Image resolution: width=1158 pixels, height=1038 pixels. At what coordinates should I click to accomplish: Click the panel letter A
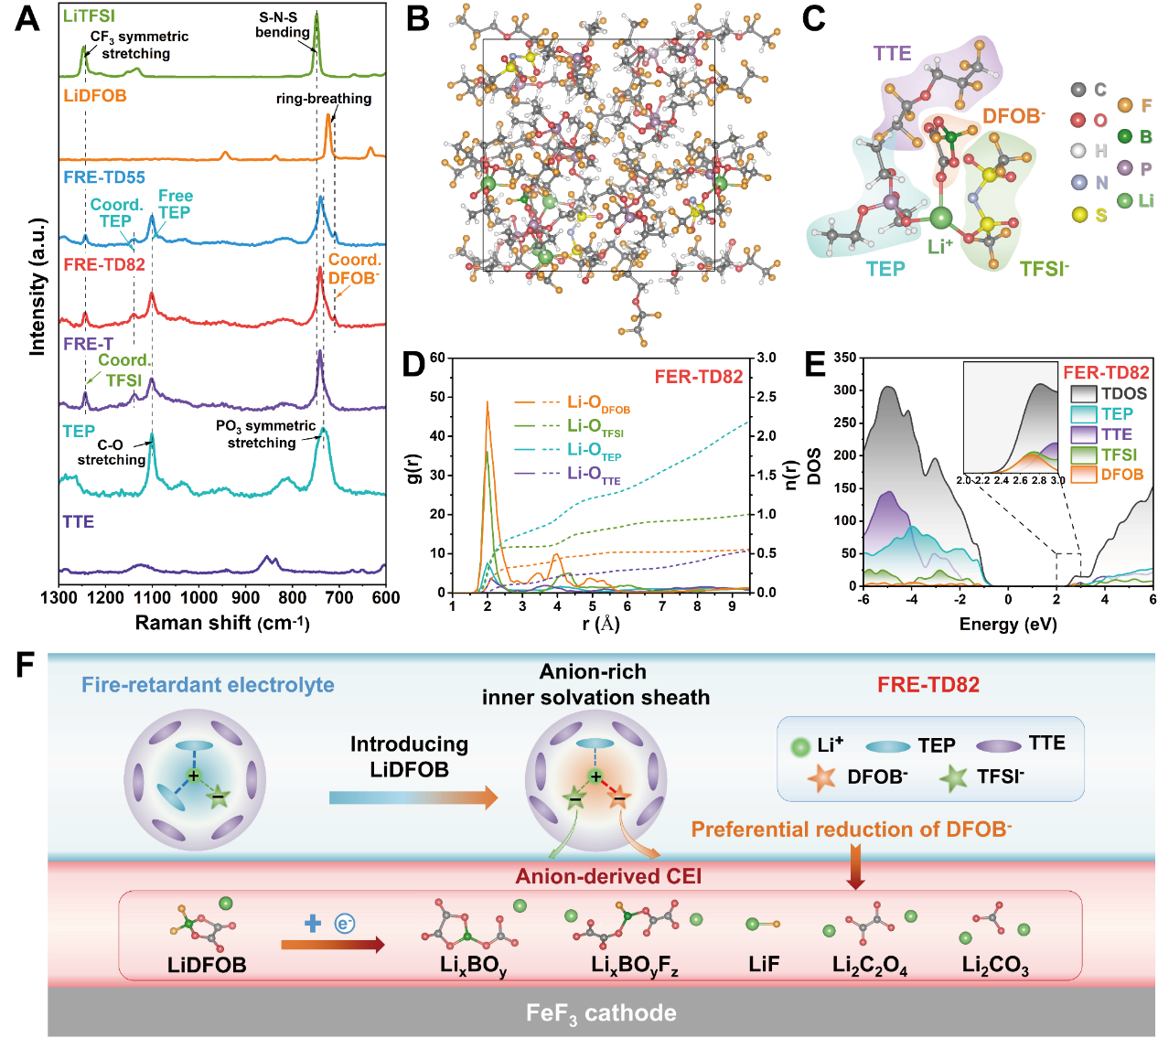coord(27,17)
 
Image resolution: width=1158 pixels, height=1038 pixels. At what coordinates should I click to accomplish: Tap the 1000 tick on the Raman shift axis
coord(199,598)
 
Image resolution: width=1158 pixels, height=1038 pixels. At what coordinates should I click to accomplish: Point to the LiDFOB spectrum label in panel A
coord(94,96)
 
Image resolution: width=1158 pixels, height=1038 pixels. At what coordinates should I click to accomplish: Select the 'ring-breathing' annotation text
coord(324,99)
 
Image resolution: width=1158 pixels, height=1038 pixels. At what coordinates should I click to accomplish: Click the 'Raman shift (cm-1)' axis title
coord(222,623)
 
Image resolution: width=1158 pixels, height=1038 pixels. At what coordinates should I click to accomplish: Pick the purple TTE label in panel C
coord(892,53)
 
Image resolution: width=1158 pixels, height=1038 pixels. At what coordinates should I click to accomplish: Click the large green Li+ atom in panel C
coord(940,218)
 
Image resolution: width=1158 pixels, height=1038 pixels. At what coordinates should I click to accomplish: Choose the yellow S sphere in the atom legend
coord(1079,214)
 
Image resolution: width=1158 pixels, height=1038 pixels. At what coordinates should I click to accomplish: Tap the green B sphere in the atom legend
coord(1124,136)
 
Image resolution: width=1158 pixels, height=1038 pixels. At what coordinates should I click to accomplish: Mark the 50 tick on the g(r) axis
coord(437,397)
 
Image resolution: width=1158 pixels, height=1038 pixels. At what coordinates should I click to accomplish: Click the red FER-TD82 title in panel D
coord(698,377)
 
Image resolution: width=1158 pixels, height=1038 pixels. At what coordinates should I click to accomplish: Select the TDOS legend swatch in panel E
coord(1083,394)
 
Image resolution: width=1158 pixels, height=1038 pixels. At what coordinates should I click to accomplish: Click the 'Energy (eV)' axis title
coord(1008,625)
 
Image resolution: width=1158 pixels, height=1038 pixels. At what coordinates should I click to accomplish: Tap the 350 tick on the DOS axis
coord(845,358)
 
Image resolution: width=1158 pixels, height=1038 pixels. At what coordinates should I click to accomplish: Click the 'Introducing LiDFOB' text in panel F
coord(409,756)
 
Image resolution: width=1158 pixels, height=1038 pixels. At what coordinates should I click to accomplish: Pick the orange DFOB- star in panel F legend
coord(820,778)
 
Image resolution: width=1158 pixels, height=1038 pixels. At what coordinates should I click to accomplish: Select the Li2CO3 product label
coord(995,966)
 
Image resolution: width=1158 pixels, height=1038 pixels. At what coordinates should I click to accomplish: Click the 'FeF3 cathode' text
coord(601,1013)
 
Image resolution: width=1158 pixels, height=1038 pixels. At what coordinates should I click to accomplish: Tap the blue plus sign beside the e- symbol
coord(313,924)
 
